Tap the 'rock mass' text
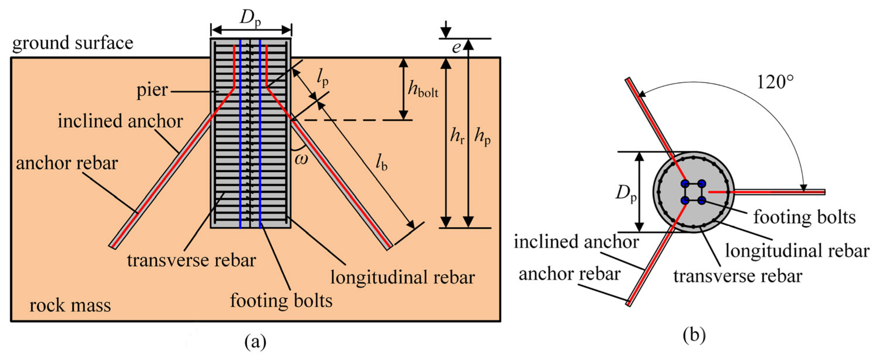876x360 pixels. [x=70, y=305]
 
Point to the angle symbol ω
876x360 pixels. [x=301, y=159]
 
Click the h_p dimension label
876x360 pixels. [x=483, y=138]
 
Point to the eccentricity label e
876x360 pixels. [x=456, y=48]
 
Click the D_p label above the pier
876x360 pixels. [x=250, y=18]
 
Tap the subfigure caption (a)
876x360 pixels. [x=256, y=342]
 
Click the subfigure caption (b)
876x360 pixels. [x=694, y=335]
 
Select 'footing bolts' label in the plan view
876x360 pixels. [x=804, y=217]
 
